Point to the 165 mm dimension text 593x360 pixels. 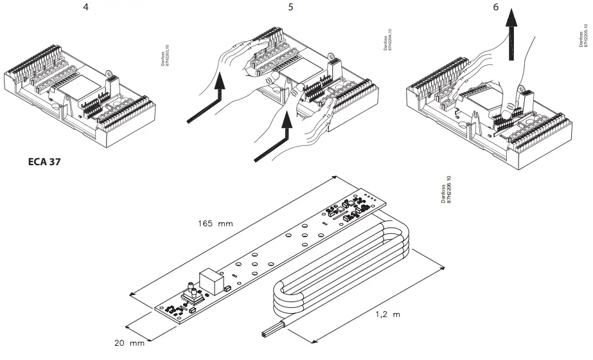click(x=215, y=224)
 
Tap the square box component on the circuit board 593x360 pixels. click(x=211, y=280)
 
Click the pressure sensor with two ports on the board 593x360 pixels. click(x=191, y=295)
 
